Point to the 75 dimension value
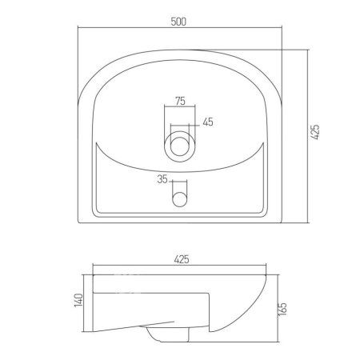(179, 100)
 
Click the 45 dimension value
(207, 122)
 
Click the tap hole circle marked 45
(180, 146)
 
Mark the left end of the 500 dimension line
(78, 30)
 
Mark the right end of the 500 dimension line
(285, 30)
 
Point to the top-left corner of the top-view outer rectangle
(78, 48)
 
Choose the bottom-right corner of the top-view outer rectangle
(285, 223)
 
